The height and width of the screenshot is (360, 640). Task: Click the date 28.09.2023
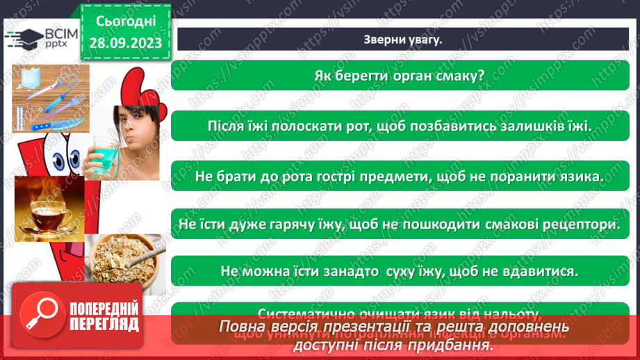[125, 43]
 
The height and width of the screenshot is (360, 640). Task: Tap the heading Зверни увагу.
[402, 40]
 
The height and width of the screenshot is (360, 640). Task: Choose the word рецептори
[583, 224]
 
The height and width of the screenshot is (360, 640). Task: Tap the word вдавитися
[543, 270]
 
